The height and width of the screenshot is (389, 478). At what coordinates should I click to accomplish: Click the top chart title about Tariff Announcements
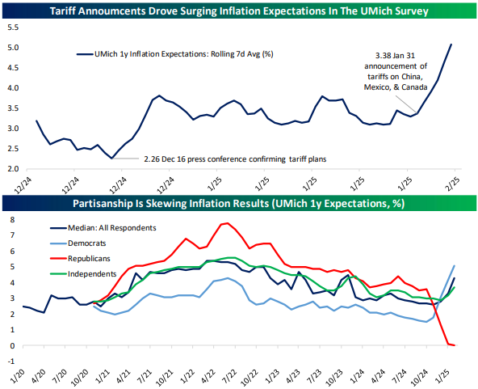pyautogui.click(x=239, y=11)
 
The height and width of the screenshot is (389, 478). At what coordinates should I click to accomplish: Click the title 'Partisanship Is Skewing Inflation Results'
pyautogui.click(x=239, y=202)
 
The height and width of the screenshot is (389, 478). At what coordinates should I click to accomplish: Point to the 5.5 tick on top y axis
pyautogui.click(x=11, y=27)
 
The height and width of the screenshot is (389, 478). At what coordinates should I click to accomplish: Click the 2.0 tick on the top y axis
pyautogui.click(x=11, y=169)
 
